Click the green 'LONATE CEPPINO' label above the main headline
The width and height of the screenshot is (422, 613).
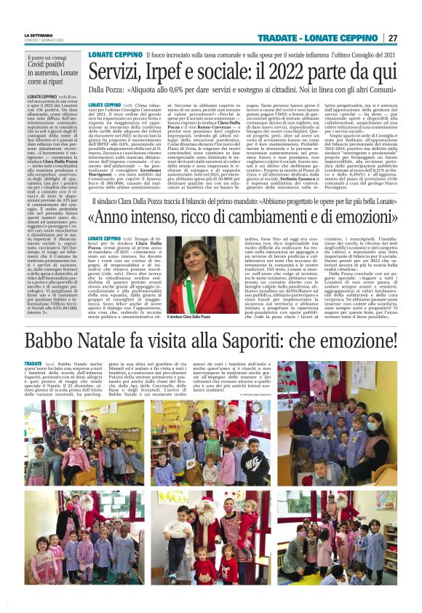114,55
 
